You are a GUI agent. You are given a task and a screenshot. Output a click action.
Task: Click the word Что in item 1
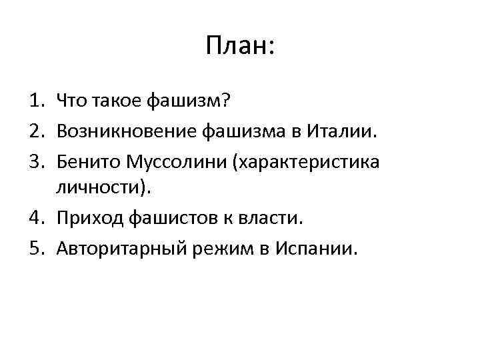pyautogui.click(x=73, y=101)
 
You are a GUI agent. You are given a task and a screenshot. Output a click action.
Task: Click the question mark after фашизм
pyautogui.click(x=225, y=101)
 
